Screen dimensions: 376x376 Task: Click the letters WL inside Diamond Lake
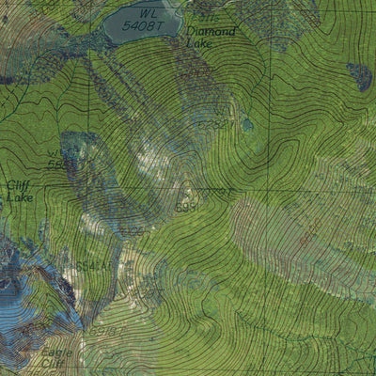(145, 13)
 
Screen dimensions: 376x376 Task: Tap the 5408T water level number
(144, 26)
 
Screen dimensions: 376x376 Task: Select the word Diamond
(211, 31)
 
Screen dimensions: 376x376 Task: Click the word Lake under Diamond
(200, 43)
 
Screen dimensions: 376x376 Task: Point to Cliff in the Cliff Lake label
(19, 185)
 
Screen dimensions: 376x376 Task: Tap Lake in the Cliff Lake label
(19, 198)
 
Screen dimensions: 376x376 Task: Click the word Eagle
(54, 354)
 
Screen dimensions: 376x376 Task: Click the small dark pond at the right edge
(359, 75)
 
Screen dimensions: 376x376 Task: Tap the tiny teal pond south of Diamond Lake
(246, 124)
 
